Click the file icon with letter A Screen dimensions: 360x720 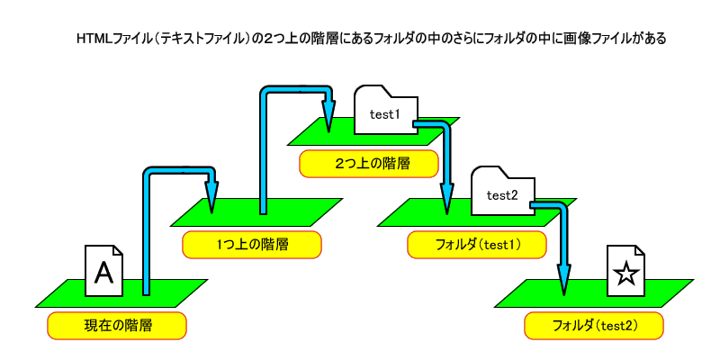click(103, 270)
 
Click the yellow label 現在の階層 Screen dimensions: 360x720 click(117, 326)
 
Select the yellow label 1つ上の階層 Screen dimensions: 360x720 click(252, 245)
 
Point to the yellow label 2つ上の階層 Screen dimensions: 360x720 click(369, 164)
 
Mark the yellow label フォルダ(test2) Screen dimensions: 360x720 click(594, 326)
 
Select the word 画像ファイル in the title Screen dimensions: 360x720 click(587, 40)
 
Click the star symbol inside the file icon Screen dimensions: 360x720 click(626, 274)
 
